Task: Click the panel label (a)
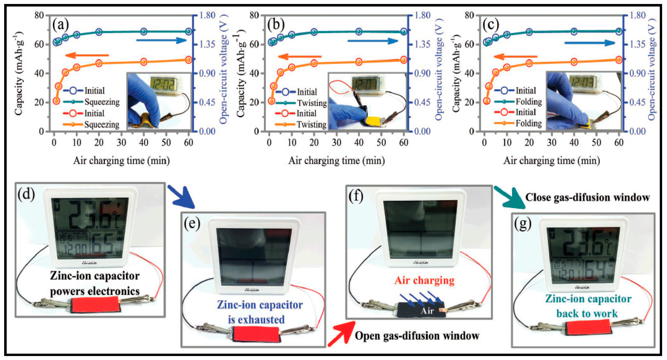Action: (60, 25)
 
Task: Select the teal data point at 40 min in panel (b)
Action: (359, 32)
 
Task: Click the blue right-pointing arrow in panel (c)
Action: (589, 43)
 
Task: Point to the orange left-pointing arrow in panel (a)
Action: (87, 55)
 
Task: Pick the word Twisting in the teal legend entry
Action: (312, 103)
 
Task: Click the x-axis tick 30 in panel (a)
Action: (121, 142)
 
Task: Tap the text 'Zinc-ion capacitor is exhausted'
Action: (259, 312)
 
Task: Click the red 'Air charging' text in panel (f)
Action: (424, 280)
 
